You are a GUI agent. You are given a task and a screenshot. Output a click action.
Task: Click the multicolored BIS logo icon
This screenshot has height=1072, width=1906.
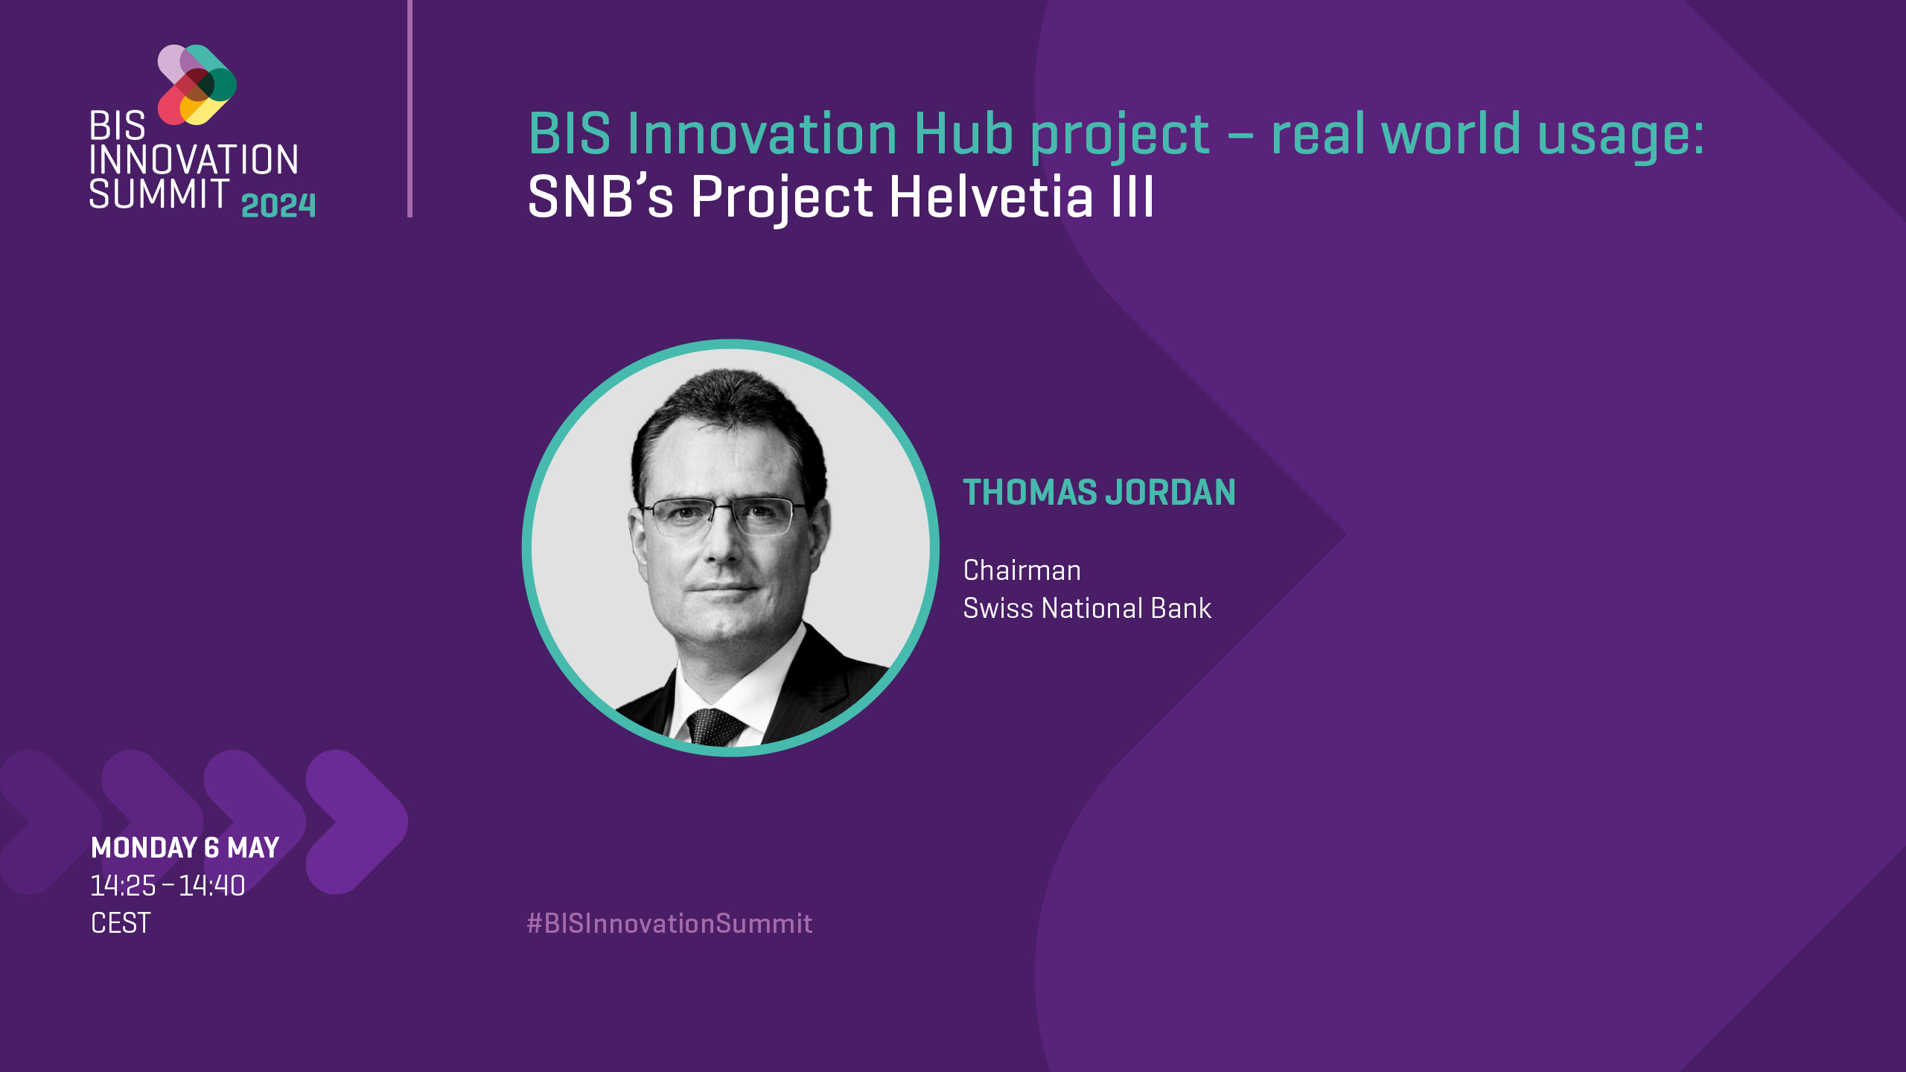tap(197, 84)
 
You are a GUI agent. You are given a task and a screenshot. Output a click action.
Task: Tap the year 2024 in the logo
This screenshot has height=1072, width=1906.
tap(278, 205)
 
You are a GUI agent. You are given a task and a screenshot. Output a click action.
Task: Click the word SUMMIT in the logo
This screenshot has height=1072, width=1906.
tap(159, 194)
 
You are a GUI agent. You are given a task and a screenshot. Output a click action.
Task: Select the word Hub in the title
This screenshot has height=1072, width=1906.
tap(963, 134)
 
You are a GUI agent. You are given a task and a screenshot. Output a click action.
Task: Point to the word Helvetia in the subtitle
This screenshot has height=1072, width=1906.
tap(991, 197)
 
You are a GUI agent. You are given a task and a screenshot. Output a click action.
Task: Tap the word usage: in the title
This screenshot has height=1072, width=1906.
tap(1620, 135)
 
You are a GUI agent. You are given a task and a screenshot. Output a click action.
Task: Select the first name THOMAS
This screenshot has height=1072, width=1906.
tap(1030, 493)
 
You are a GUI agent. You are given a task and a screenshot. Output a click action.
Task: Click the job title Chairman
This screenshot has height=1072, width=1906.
tap(1021, 571)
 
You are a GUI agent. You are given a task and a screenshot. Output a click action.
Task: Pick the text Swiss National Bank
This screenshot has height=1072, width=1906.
tap(1086, 609)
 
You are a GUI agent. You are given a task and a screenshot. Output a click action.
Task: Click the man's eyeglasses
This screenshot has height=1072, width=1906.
tap(722, 516)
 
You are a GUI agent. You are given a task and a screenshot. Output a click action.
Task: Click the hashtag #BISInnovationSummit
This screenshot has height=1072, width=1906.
tap(669, 924)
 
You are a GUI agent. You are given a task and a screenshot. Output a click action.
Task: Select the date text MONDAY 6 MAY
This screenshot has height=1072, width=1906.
tap(185, 848)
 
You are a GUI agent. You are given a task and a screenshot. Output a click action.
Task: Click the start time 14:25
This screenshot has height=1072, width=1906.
tap(123, 886)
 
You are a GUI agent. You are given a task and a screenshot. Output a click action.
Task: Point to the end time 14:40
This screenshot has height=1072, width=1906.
tap(211, 886)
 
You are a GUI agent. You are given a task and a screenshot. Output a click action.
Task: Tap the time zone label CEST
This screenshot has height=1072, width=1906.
tap(121, 924)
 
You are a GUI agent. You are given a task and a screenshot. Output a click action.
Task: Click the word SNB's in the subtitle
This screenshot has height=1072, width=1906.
tap(600, 197)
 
